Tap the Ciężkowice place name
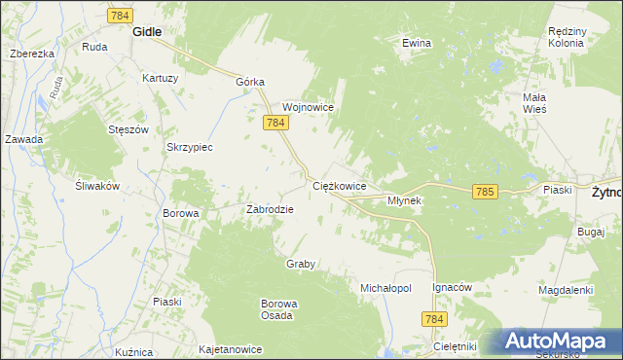tap(339, 185)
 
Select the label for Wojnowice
tap(309, 107)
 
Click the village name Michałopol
tap(386, 289)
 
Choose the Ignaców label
tap(452, 288)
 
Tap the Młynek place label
tap(404, 200)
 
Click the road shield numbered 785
tap(486, 193)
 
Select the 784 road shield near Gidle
tap(120, 16)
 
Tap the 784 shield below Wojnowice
tap(275, 123)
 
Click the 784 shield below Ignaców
tap(435, 319)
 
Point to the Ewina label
tap(417, 43)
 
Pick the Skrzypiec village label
tap(190, 147)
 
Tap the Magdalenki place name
tap(567, 290)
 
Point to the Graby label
tap(301, 264)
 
